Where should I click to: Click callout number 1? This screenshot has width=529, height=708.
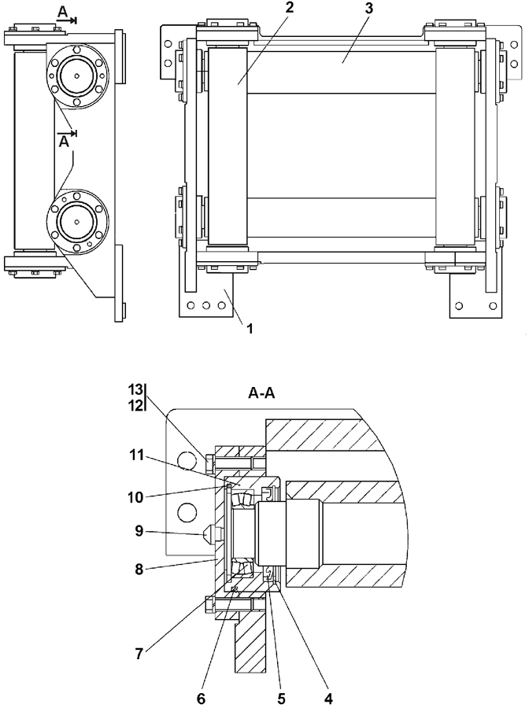click(x=250, y=328)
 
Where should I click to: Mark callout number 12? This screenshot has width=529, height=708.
click(x=135, y=404)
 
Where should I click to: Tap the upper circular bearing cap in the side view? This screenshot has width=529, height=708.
click(x=77, y=76)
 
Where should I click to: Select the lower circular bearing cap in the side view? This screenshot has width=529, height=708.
click(x=77, y=221)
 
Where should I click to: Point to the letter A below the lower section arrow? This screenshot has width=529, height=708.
click(x=65, y=142)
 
